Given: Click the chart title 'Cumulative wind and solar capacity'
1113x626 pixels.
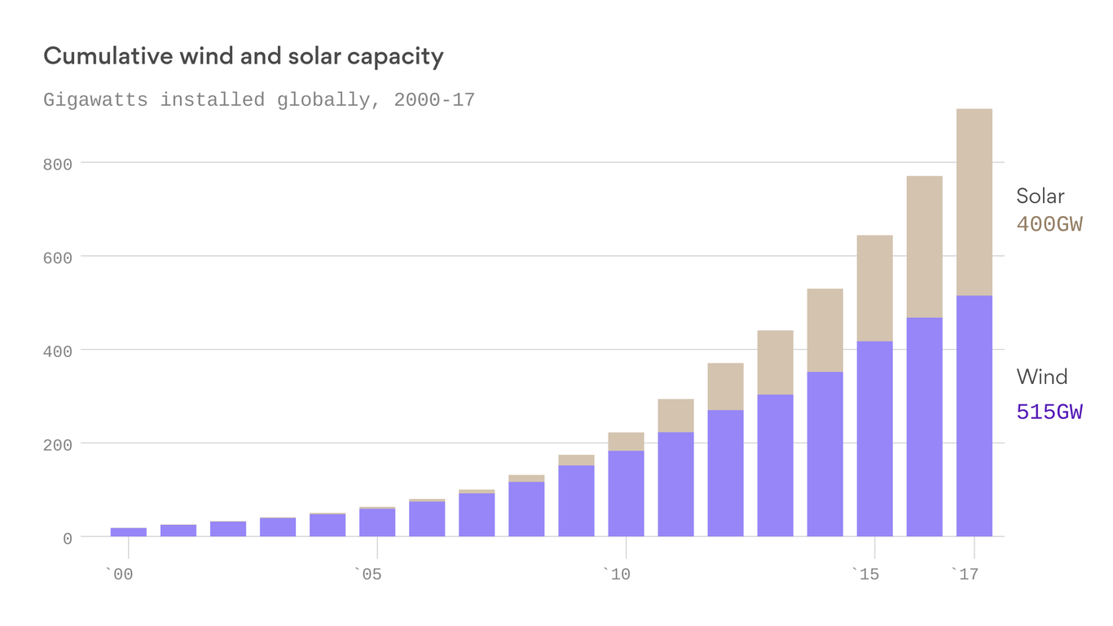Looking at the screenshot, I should (x=243, y=56).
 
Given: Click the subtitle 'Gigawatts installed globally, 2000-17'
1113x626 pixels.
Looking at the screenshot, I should (x=258, y=100).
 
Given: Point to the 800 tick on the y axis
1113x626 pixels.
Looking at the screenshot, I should (x=58, y=164).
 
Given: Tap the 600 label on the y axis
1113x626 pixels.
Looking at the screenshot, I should (x=58, y=258).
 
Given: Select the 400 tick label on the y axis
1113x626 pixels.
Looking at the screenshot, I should (x=58, y=351).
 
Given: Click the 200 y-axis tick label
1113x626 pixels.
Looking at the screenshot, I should (x=58, y=445).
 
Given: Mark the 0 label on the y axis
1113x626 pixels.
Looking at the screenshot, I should (x=68, y=539).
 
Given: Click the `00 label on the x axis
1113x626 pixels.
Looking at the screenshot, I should (x=119, y=575).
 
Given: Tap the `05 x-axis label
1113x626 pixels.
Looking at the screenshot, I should (x=367, y=575).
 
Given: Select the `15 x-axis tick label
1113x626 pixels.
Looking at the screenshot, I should (x=865, y=575).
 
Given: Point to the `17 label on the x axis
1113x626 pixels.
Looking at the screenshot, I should (x=965, y=575).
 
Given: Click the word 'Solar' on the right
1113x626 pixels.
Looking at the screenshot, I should (x=1040, y=196).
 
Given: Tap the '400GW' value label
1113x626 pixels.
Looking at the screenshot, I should (x=1049, y=224).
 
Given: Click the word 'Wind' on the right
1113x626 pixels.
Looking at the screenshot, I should (x=1041, y=377).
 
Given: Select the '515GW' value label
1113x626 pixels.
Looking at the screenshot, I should (x=1049, y=412).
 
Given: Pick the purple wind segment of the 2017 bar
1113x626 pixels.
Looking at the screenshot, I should (x=974, y=416).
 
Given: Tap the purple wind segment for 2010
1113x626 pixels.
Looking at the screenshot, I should (x=626, y=493).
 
